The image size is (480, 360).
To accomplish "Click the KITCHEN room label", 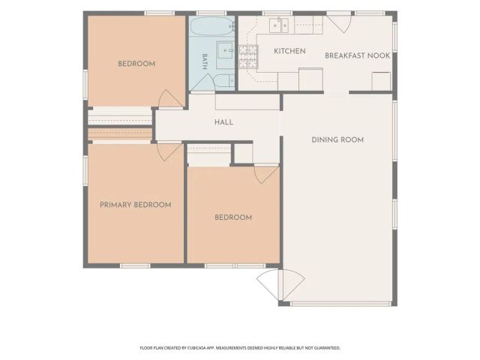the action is click(x=289, y=51).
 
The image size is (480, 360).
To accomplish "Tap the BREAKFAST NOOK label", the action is click(x=357, y=55).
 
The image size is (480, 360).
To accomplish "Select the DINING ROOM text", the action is click(x=337, y=140).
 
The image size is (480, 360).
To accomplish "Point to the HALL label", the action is click(x=223, y=122).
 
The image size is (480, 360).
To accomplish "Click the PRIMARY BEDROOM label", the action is click(x=136, y=205).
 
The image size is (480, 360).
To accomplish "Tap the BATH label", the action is click(x=205, y=61).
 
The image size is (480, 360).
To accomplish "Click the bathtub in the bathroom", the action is click(x=212, y=27).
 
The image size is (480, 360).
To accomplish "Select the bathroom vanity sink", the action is click(x=226, y=55).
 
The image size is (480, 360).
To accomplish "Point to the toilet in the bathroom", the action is click(x=224, y=81).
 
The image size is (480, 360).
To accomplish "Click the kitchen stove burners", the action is click(x=248, y=57).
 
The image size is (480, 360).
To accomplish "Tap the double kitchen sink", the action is click(x=279, y=25).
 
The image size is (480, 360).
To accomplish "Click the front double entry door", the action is click(x=281, y=285).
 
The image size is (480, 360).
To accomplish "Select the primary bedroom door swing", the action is click(x=169, y=151).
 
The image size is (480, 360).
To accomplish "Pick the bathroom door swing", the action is click(x=202, y=82).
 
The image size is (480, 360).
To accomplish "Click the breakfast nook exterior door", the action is click(x=340, y=22).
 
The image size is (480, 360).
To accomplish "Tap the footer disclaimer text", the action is click(x=240, y=348).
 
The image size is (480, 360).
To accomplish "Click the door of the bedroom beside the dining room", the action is click(x=266, y=175).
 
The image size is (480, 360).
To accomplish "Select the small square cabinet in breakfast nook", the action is click(x=381, y=82).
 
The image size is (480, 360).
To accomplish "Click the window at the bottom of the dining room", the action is click(x=341, y=304).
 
